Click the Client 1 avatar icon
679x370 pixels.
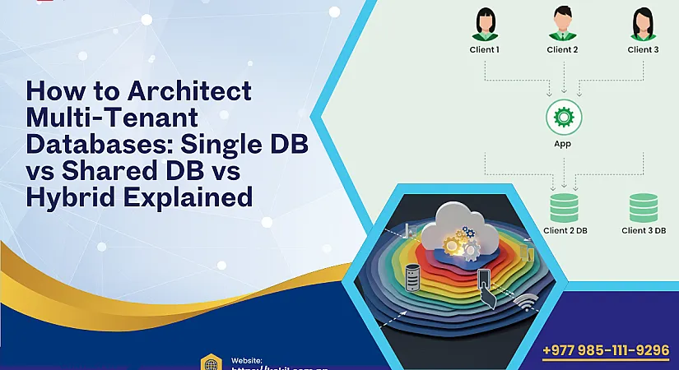485,25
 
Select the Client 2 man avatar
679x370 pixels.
563,25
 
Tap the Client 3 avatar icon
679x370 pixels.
643,25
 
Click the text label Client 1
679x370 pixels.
485,49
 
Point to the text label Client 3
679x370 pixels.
643,49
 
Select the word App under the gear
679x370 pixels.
563,144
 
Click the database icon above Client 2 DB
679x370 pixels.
565,207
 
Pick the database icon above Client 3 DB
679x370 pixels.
643,207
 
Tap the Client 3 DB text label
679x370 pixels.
643,231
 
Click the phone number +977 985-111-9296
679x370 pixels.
606,350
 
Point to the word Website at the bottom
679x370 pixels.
247,360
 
